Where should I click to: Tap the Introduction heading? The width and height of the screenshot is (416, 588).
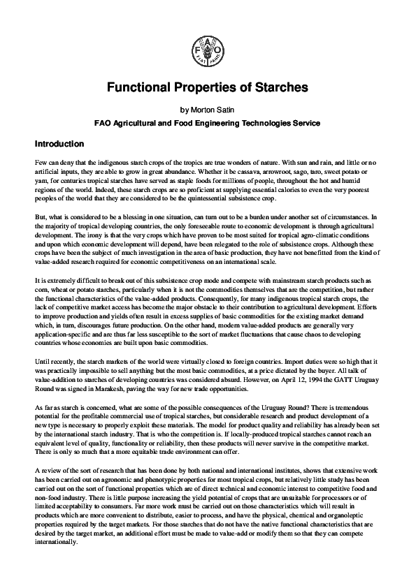pyautogui.click(x=59, y=145)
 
